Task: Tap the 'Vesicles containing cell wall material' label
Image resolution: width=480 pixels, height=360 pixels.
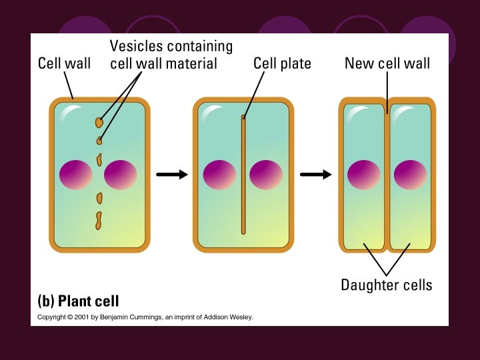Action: tap(171, 55)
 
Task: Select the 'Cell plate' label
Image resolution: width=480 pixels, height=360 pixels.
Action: tap(282, 64)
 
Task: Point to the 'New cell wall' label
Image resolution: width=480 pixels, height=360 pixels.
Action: tap(387, 64)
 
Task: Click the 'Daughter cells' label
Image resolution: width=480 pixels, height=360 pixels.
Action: tap(387, 285)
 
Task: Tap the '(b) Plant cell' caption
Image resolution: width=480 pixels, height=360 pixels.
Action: tap(77, 300)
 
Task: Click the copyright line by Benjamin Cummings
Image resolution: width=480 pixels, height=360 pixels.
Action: tap(145, 317)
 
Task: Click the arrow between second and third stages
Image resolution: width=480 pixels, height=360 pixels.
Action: tap(315, 175)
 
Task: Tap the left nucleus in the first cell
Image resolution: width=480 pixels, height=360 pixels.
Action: tap(75, 175)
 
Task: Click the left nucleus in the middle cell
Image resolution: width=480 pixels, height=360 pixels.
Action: tap(220, 175)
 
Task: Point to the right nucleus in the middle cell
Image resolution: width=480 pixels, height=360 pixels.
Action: tap(266, 175)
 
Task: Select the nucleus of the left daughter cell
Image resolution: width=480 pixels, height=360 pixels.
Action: tap(365, 175)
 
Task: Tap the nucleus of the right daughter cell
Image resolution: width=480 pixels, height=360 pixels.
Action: tap(410, 175)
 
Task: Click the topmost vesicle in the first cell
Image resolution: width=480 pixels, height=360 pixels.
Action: tap(99, 123)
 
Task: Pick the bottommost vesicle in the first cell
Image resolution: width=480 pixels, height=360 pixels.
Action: tap(99, 221)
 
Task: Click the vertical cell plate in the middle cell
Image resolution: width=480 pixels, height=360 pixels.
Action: tap(243, 175)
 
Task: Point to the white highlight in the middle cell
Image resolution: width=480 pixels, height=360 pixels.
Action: tap(211, 111)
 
